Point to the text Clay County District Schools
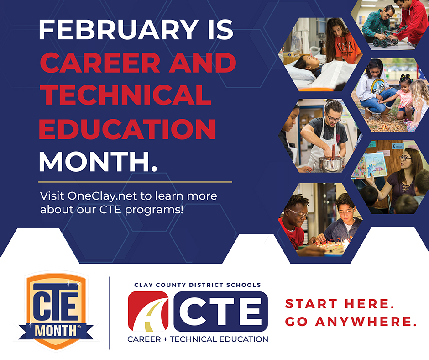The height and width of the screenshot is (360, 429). click(x=197, y=285)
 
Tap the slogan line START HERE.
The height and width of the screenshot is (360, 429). click(x=340, y=304)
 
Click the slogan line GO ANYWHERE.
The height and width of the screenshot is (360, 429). click(x=351, y=322)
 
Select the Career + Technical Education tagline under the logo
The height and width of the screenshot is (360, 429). click(x=198, y=339)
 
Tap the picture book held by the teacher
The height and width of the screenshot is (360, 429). click(x=369, y=165)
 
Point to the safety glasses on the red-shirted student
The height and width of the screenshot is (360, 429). click(x=299, y=212)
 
